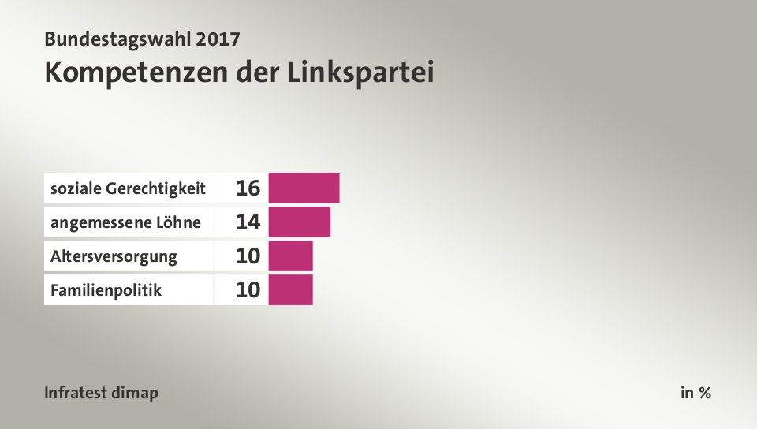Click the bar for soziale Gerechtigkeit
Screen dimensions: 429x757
coord(304,188)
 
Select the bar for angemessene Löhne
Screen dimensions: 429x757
coord(299,222)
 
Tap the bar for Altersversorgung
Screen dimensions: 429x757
coord(290,256)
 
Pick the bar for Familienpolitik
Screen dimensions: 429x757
coord(290,289)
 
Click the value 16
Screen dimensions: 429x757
coord(247,188)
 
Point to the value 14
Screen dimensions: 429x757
coord(247,222)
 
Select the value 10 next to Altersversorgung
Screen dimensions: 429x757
coord(247,256)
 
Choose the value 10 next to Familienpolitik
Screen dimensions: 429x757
coord(247,290)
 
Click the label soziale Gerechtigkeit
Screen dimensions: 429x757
coord(128,188)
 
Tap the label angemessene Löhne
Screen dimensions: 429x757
coord(125,222)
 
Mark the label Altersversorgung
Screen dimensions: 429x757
coord(114,256)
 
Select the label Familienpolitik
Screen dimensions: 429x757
coord(106,289)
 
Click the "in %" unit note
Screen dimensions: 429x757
coord(695,392)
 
